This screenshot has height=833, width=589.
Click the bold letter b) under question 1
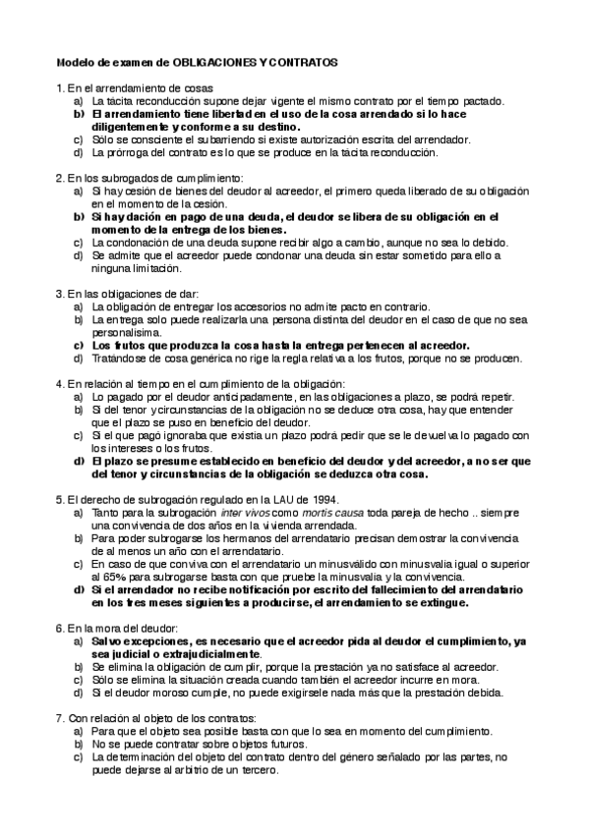78,114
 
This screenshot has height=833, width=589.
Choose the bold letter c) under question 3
78,345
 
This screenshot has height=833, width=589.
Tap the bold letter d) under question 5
78,589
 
